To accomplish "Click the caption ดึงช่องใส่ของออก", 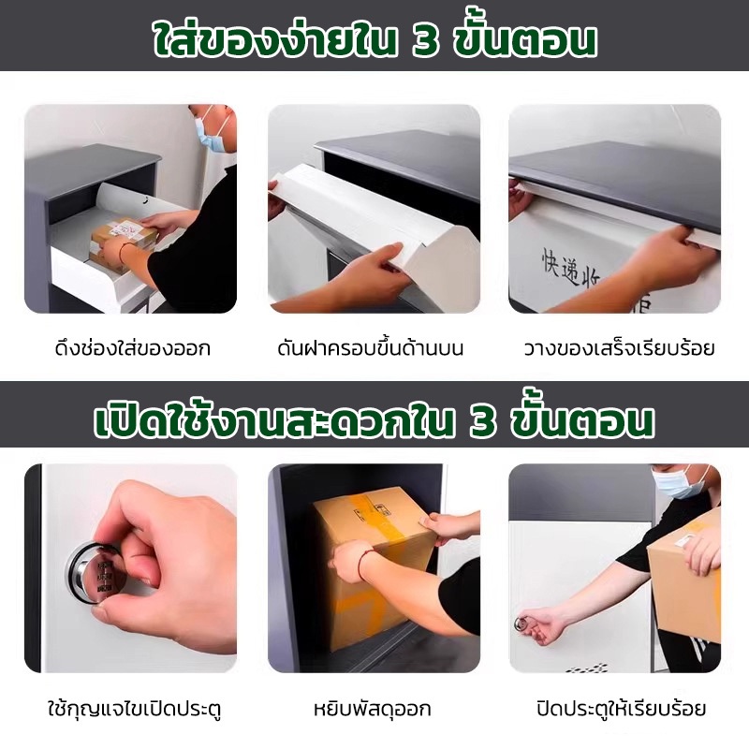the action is click(x=133, y=347).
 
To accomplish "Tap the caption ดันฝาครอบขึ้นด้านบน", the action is click(x=370, y=347).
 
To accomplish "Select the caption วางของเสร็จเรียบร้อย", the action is click(x=619, y=347).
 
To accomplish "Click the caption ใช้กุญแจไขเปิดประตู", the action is click(x=135, y=708).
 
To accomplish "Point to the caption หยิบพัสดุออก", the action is click(x=372, y=708).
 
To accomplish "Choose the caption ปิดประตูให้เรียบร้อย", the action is click(x=621, y=708).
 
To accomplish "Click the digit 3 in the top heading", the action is click(x=425, y=41).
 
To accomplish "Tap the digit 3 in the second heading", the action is click(x=483, y=422).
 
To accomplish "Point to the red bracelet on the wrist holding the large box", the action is click(x=364, y=564).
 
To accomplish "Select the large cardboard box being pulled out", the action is click(x=373, y=568).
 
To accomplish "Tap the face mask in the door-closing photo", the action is click(x=683, y=481).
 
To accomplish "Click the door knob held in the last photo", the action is click(x=521, y=623).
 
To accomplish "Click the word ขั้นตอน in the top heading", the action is click(x=524, y=41).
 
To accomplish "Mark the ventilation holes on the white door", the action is click(x=589, y=667).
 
